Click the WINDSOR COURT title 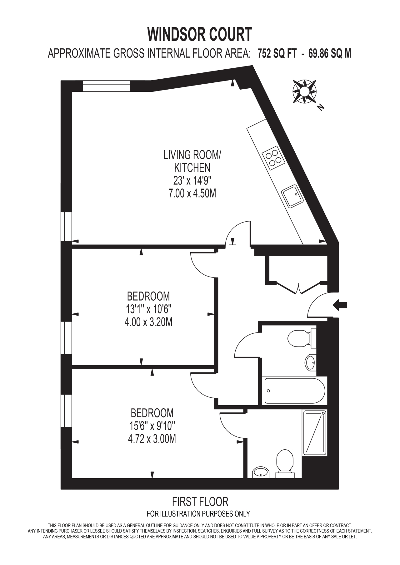(199, 34)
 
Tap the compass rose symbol (304, 91)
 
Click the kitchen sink (292, 196)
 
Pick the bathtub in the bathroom (295, 391)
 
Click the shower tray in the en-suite (315, 432)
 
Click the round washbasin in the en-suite (261, 473)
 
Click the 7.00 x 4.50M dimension (192, 194)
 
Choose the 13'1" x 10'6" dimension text (149, 309)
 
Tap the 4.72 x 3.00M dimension (152, 439)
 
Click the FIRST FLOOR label (200, 502)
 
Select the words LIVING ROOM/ (192, 155)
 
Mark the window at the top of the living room (106, 86)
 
